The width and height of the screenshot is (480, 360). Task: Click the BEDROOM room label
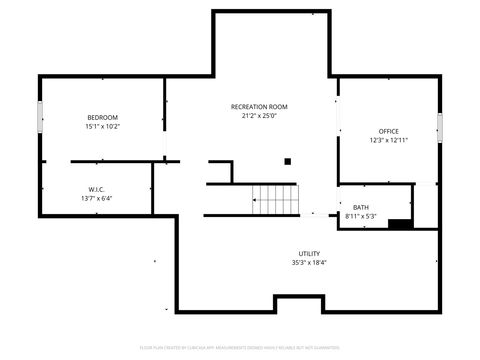(102, 117)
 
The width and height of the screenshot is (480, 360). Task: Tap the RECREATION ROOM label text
(259, 106)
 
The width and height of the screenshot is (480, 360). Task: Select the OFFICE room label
(388, 131)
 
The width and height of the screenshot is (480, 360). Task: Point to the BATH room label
(360, 207)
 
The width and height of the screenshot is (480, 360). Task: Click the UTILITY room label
(309, 253)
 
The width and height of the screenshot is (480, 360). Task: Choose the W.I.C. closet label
(97, 188)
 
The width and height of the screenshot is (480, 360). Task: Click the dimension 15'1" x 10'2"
(102, 127)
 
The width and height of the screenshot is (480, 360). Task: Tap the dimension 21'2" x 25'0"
(259, 116)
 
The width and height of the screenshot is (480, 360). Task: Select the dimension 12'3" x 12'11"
(388, 141)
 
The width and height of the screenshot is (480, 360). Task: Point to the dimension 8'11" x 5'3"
(360, 216)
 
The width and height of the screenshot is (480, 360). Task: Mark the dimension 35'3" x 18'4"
(309, 263)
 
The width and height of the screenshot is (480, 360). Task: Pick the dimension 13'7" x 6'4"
(97, 198)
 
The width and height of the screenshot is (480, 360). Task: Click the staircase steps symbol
(275, 199)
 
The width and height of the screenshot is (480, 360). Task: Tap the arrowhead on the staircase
(255, 200)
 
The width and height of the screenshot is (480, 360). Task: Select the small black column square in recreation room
(288, 160)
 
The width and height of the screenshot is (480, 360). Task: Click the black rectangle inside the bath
(400, 224)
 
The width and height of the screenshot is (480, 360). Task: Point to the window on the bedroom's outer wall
(40, 117)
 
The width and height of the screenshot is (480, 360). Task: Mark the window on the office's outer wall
(438, 127)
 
